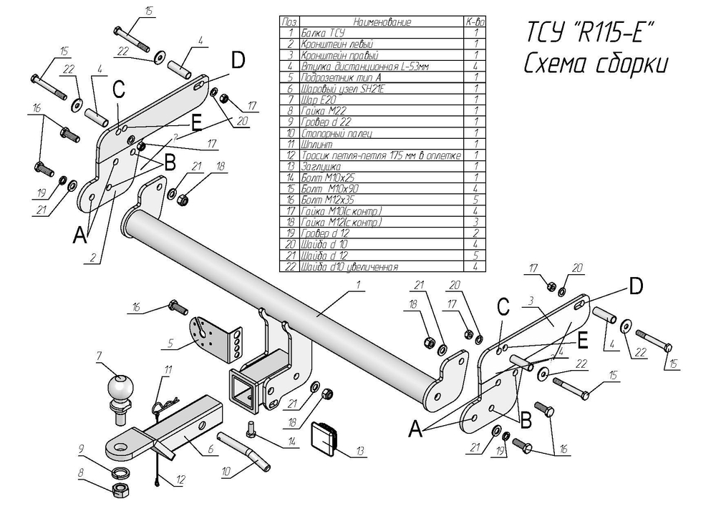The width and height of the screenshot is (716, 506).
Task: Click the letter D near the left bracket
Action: [x=238, y=59]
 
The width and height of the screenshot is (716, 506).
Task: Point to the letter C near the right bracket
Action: [x=503, y=307]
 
